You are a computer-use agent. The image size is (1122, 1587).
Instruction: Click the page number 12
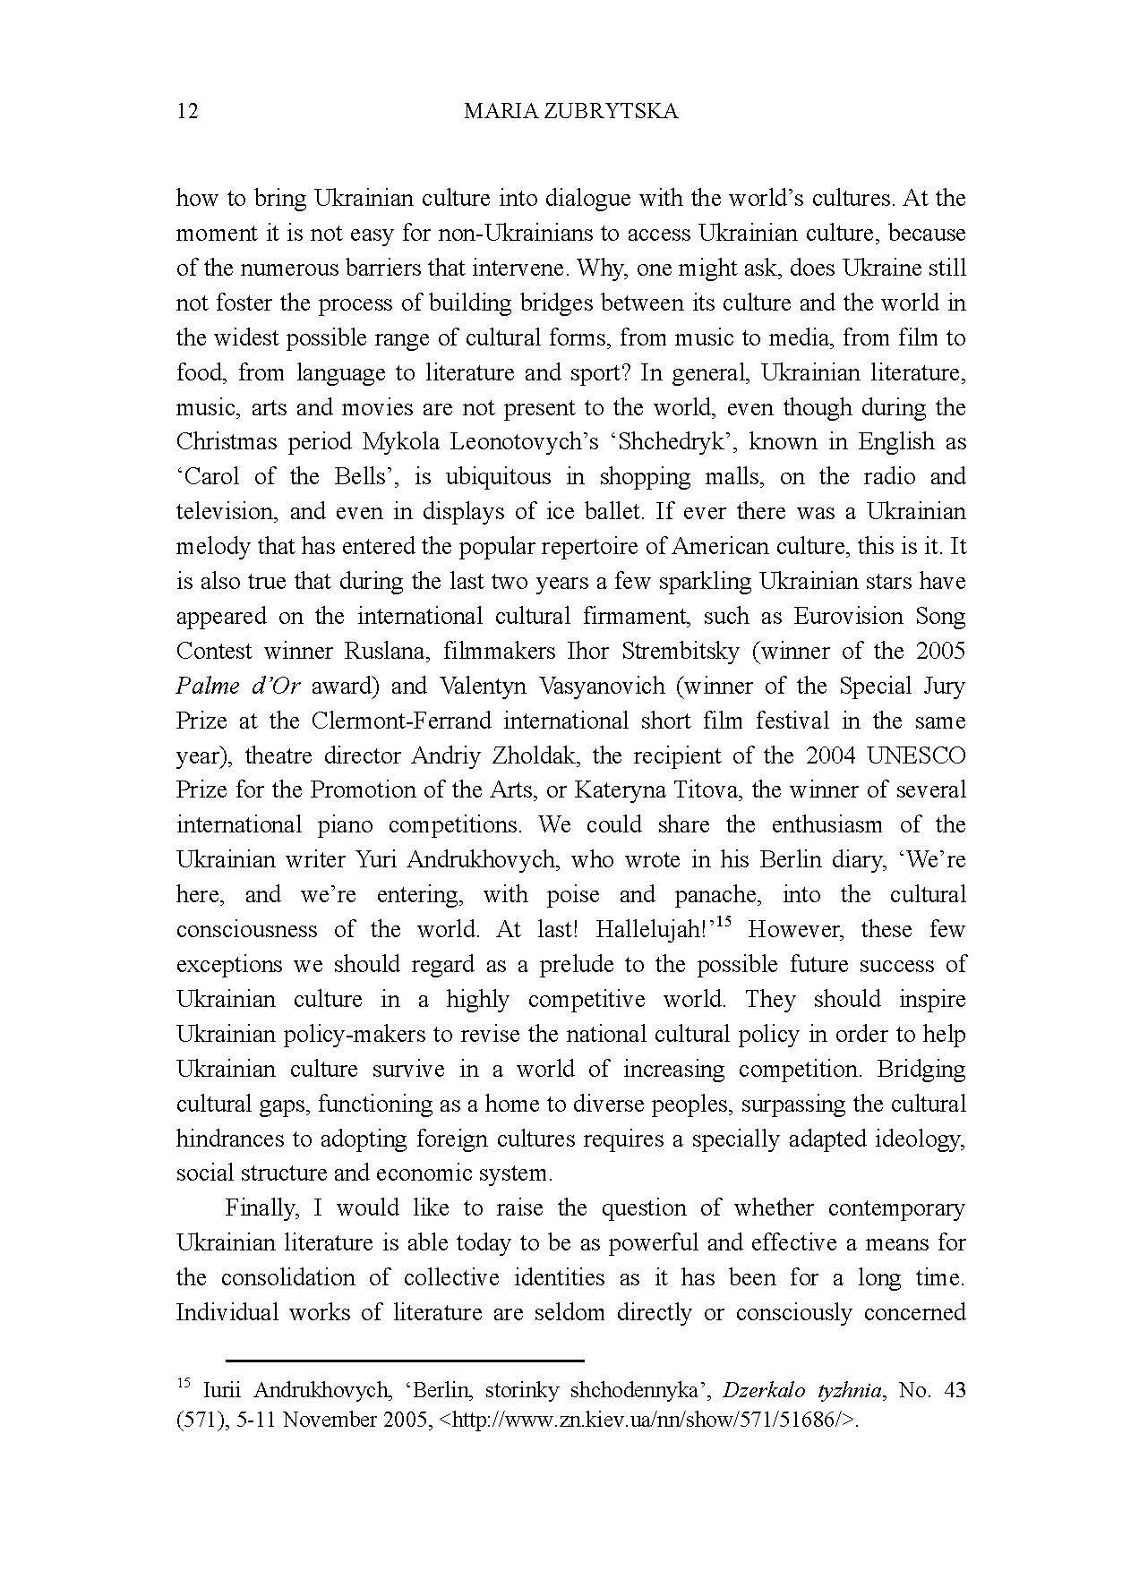tap(187, 111)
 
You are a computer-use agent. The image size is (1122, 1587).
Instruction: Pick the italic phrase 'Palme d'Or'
tap(237, 687)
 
